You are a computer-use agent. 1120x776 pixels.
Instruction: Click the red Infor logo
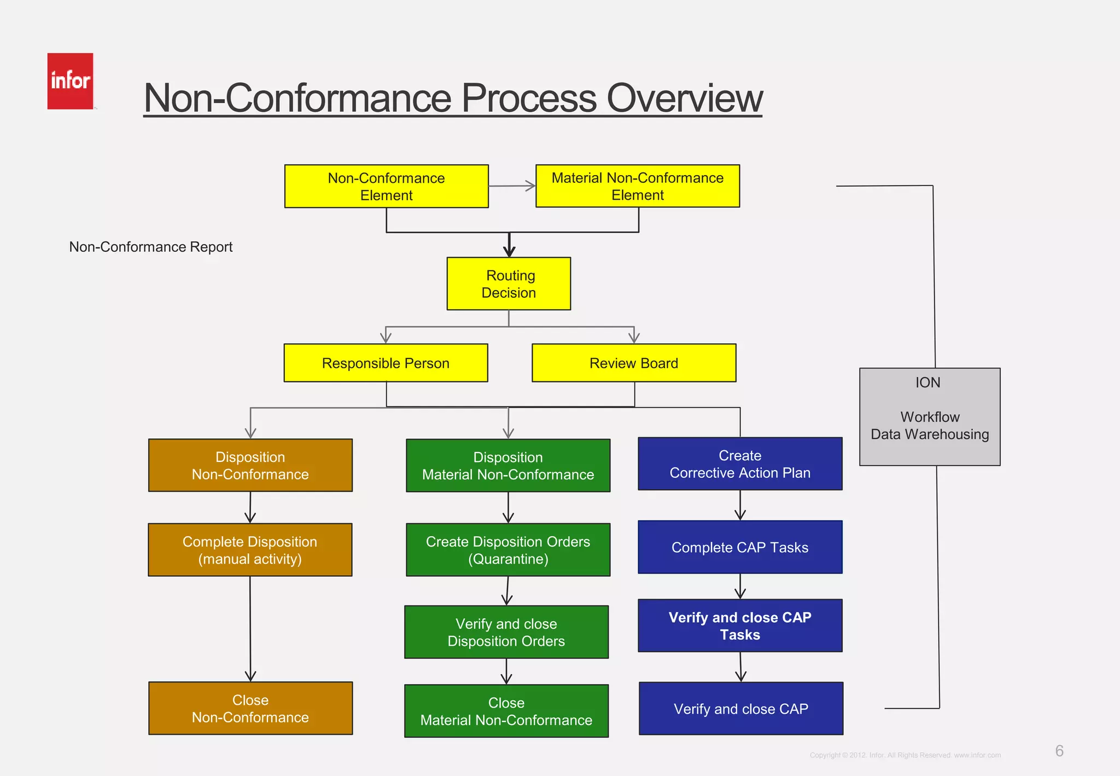(70, 81)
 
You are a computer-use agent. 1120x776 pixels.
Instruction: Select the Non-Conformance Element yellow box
(386, 186)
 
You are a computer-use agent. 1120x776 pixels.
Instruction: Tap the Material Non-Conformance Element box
(637, 186)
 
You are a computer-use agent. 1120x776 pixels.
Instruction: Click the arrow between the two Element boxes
(512, 186)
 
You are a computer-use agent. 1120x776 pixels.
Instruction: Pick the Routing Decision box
(509, 283)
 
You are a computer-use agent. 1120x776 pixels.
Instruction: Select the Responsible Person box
(386, 363)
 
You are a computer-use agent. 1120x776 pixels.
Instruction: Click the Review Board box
(634, 363)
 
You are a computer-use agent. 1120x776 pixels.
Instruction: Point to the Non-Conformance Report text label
(150, 247)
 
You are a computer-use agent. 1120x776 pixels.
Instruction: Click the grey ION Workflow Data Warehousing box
(930, 417)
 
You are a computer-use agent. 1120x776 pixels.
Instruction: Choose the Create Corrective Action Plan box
(740, 464)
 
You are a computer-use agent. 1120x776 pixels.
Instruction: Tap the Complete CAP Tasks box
(740, 547)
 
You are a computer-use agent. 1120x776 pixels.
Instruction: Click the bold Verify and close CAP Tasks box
(740, 626)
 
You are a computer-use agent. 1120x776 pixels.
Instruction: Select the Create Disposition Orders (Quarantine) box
(508, 549)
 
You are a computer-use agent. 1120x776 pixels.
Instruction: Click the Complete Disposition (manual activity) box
(250, 549)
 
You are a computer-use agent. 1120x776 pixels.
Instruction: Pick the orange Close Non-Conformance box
(250, 708)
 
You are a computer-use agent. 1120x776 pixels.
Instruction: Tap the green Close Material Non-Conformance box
(506, 711)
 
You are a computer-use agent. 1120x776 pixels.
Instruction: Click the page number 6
(1059, 751)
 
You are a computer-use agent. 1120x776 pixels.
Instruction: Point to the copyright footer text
(905, 755)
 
